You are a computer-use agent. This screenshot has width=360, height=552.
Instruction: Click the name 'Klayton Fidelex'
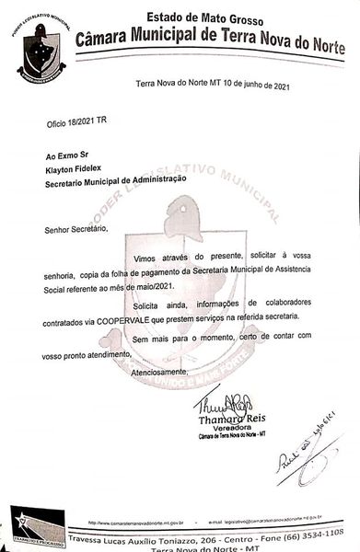click(x=76, y=170)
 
